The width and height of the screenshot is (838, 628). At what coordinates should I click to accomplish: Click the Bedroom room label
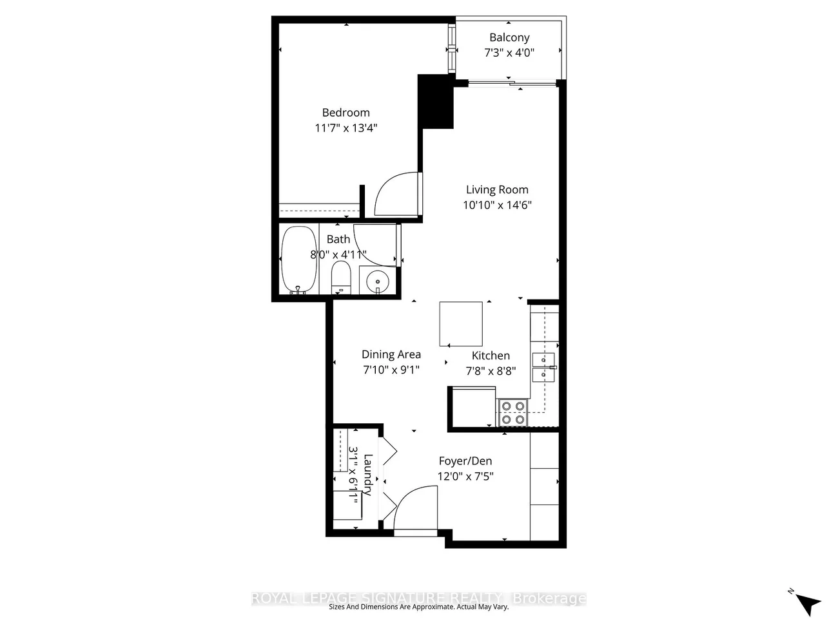point(346,113)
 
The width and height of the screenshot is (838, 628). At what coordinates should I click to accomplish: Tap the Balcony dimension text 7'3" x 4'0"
point(509,53)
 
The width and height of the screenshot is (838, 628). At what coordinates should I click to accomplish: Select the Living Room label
point(497,189)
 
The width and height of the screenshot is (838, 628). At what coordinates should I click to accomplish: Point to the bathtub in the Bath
point(299,260)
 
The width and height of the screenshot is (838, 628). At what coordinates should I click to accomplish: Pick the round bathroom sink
point(378,281)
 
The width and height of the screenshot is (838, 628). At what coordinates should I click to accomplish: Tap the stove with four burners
point(512,413)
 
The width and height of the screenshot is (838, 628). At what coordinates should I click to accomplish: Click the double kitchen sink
point(543,367)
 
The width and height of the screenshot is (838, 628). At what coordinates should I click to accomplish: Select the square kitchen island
point(461,324)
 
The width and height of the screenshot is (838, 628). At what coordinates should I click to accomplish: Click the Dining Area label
point(391,354)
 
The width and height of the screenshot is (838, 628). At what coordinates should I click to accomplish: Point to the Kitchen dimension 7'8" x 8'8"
point(491,370)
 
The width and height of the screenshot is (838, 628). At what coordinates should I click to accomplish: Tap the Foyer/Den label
point(465,461)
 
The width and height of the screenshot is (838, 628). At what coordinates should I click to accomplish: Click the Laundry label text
point(368,474)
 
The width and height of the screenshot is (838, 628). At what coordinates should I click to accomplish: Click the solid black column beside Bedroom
point(436,101)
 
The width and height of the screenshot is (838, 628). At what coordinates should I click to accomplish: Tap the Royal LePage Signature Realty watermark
point(418,598)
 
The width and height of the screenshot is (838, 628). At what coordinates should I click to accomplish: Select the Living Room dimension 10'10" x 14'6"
point(497,205)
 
